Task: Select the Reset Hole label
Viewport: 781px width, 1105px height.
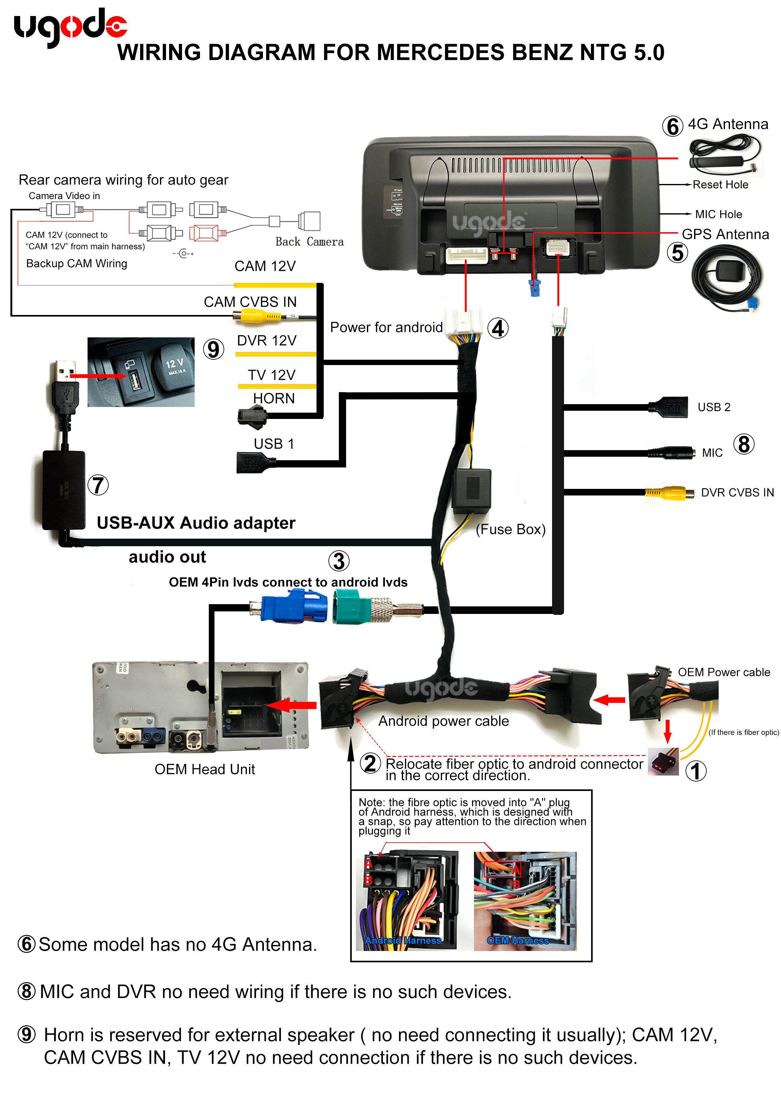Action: pyautogui.click(x=720, y=185)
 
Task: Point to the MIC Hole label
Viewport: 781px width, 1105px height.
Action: pyautogui.click(x=718, y=214)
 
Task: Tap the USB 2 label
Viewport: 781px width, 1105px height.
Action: pyautogui.click(x=714, y=407)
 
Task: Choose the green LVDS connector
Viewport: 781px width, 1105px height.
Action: pyautogui.click(x=351, y=609)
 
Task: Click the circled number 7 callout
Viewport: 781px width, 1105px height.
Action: pyautogui.click(x=98, y=485)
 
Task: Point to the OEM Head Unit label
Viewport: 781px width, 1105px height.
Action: pyautogui.click(x=204, y=769)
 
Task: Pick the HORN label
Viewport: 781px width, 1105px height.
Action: pyautogui.click(x=274, y=398)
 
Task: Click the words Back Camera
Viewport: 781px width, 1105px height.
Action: pyautogui.click(x=310, y=242)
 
